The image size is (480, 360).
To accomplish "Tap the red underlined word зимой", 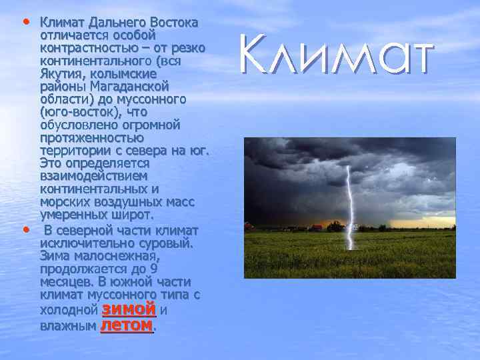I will pyautogui.click(x=129, y=310).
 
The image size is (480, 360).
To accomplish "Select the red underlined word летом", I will pyautogui.click(x=127, y=325).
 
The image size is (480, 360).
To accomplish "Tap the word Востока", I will pyautogui.click(x=174, y=23).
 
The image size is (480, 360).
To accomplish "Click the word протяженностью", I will pyautogui.click(x=91, y=138).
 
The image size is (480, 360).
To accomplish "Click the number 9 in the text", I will pyautogui.click(x=153, y=269).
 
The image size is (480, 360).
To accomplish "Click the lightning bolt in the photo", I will pyautogui.click(x=347, y=200).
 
